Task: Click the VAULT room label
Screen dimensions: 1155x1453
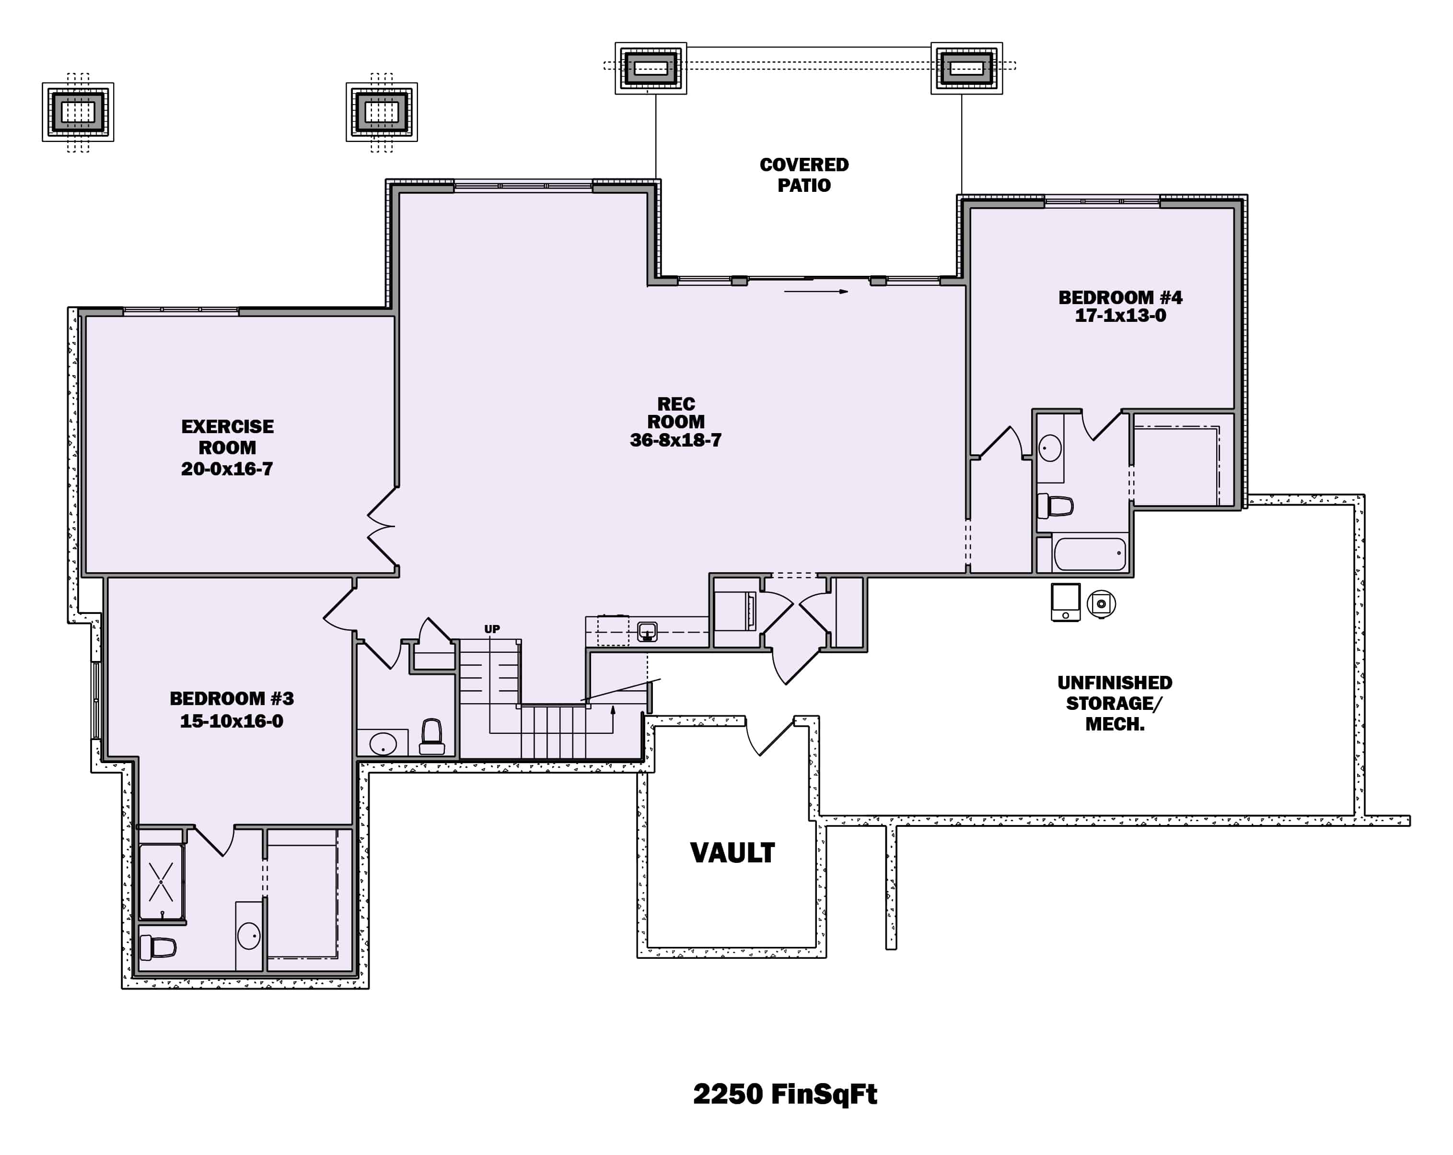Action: click(732, 853)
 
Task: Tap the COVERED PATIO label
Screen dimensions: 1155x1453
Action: click(804, 175)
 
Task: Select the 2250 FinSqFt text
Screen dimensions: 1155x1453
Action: click(785, 1094)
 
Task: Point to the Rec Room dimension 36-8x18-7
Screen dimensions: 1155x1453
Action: click(675, 440)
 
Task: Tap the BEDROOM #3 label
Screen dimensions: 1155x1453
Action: click(231, 698)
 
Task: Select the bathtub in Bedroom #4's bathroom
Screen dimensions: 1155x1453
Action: click(1090, 554)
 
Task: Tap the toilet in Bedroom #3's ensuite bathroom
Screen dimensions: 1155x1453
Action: click(158, 947)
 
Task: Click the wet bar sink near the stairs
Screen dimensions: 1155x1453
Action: click(647, 632)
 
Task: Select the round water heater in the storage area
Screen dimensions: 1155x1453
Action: click(1101, 603)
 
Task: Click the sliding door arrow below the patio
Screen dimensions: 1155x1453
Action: click(815, 291)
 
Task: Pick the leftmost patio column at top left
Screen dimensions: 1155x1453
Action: click(78, 111)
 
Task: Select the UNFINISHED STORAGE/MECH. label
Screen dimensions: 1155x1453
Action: click(1114, 703)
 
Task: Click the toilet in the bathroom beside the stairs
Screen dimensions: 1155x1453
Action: click(431, 737)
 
